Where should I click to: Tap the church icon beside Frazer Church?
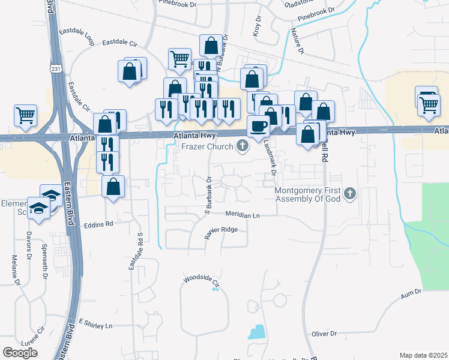click(243, 146)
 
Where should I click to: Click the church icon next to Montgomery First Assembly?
click(350, 194)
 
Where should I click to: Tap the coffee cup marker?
click(259, 127)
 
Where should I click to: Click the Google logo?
click(20, 353)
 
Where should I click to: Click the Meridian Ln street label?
click(243, 214)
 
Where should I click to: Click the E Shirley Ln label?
click(95, 325)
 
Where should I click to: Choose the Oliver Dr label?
click(324, 333)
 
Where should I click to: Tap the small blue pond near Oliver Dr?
click(257, 332)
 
